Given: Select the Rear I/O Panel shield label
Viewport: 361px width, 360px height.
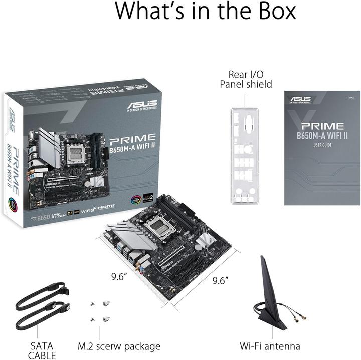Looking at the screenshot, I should click(x=246, y=79).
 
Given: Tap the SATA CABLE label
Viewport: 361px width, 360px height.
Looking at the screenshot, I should click(x=41, y=350).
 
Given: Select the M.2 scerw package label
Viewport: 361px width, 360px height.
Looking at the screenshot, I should click(x=119, y=346).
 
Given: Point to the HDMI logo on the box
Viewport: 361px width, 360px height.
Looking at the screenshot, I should click(x=106, y=206).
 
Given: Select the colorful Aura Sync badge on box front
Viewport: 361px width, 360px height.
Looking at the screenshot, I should click(x=135, y=198).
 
